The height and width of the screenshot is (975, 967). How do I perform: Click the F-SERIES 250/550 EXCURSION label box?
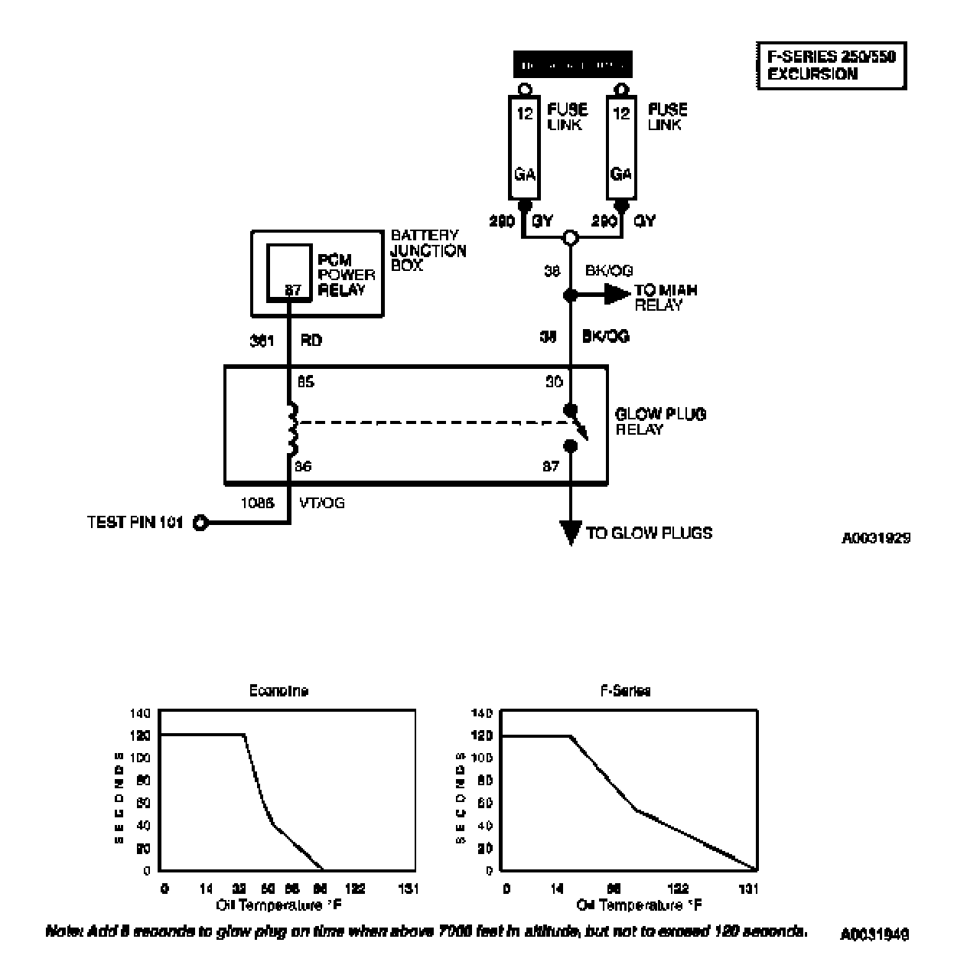pyautogui.click(x=831, y=66)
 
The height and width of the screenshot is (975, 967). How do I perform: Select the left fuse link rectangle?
pyautogui.click(x=524, y=147)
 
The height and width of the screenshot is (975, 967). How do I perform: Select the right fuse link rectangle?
pyautogui.click(x=621, y=147)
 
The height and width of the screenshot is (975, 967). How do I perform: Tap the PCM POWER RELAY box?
pyautogui.click(x=289, y=272)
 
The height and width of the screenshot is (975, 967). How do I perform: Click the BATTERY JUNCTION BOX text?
pyautogui.click(x=428, y=250)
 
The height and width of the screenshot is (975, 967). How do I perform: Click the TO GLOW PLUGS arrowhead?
pyautogui.click(x=570, y=532)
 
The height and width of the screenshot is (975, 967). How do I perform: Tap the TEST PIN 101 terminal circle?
pyautogui.click(x=200, y=523)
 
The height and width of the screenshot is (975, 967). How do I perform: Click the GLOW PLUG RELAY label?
pyautogui.click(x=660, y=421)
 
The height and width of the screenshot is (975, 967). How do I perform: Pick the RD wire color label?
pyautogui.click(x=311, y=341)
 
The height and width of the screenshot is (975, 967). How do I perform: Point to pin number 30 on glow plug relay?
pyautogui.click(x=554, y=381)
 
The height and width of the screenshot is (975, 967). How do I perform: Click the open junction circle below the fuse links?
pyautogui.click(x=570, y=238)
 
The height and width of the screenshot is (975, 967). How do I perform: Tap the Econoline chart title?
pyautogui.click(x=278, y=690)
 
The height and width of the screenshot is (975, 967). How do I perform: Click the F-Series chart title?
pyautogui.click(x=624, y=690)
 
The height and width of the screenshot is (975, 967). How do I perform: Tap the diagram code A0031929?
pyautogui.click(x=876, y=538)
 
